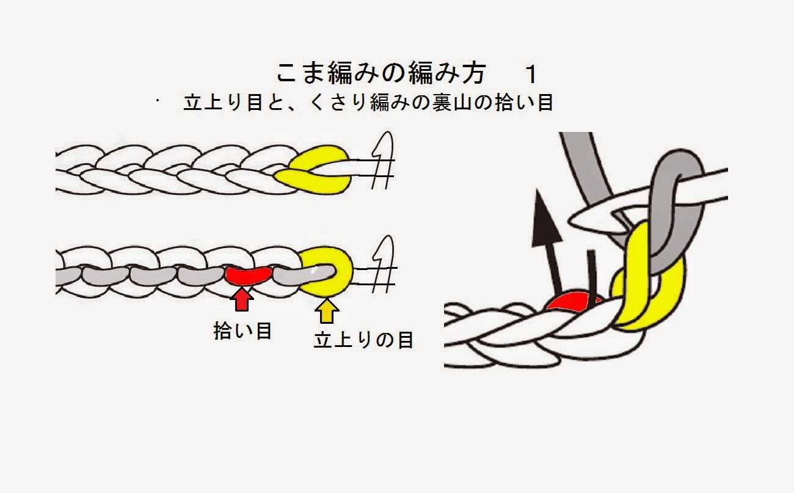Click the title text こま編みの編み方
pyautogui.click(x=380, y=74)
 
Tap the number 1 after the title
pyautogui.click(x=531, y=75)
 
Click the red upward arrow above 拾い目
pyautogui.click(x=242, y=300)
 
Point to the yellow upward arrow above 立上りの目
pyautogui.click(x=327, y=310)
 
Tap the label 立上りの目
pyautogui.click(x=363, y=340)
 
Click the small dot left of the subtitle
pyautogui.click(x=157, y=99)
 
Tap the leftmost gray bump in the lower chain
pyautogui.click(x=68, y=276)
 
